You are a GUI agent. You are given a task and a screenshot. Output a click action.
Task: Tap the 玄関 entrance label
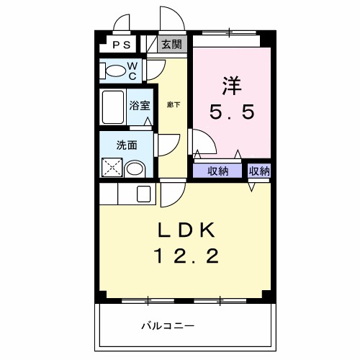[x=171, y=44]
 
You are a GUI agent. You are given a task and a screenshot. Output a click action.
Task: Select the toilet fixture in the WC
[x=114, y=71]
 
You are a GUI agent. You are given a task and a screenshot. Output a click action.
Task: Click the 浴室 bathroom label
[x=140, y=105]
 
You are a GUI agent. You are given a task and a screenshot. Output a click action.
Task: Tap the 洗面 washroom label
[x=127, y=144]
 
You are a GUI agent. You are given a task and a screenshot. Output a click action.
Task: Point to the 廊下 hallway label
[x=174, y=105]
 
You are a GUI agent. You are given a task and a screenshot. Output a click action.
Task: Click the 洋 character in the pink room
[x=231, y=85]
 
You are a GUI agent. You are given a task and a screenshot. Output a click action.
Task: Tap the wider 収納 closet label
[x=218, y=171]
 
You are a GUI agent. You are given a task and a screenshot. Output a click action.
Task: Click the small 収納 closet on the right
[x=259, y=171]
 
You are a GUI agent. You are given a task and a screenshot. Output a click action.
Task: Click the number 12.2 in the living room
[x=185, y=256]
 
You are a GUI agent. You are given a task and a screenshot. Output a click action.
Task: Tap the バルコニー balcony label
[x=167, y=326]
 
